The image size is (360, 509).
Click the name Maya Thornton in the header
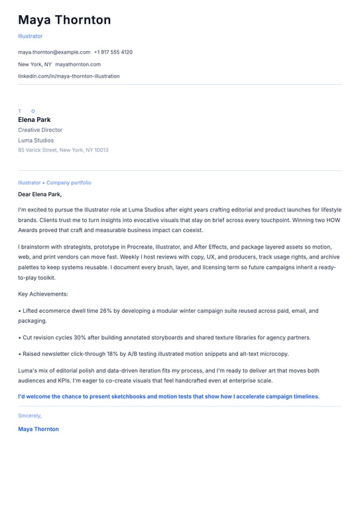(64, 20)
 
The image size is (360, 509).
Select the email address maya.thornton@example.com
(54, 52)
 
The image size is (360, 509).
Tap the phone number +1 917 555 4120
(113, 52)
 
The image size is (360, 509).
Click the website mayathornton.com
(78, 64)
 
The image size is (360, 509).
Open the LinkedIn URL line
(68, 76)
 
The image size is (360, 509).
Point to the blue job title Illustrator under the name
(30, 36)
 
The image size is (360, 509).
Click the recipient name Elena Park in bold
(34, 120)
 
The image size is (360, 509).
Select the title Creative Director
(40, 130)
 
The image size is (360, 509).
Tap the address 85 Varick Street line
(63, 150)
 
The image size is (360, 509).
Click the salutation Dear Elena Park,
(40, 194)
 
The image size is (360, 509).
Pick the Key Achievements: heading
(43, 294)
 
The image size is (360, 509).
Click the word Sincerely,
(30, 416)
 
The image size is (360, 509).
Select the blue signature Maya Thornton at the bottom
(38, 429)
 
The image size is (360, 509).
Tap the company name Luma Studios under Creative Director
(36, 140)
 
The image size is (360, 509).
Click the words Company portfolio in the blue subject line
(69, 182)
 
